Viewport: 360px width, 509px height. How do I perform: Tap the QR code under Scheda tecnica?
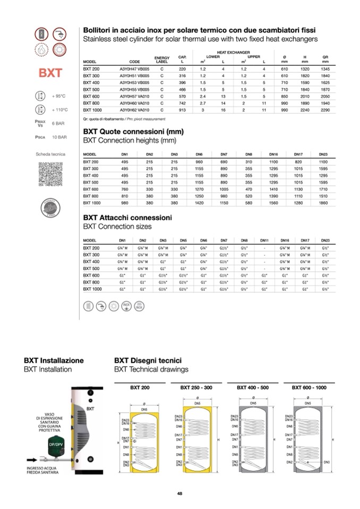(x=49, y=174)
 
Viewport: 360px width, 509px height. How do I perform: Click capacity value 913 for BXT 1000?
(x=182, y=110)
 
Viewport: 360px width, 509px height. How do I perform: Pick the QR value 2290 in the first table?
(x=325, y=110)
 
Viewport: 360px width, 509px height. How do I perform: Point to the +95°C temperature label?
(x=59, y=96)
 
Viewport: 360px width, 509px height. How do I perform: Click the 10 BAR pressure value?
(x=59, y=137)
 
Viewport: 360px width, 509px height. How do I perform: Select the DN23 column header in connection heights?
(x=323, y=154)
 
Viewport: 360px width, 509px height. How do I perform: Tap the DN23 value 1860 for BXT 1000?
(x=323, y=202)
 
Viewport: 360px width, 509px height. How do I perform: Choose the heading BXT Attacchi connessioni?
(x=127, y=218)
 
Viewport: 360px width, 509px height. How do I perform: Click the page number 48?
(x=180, y=494)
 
